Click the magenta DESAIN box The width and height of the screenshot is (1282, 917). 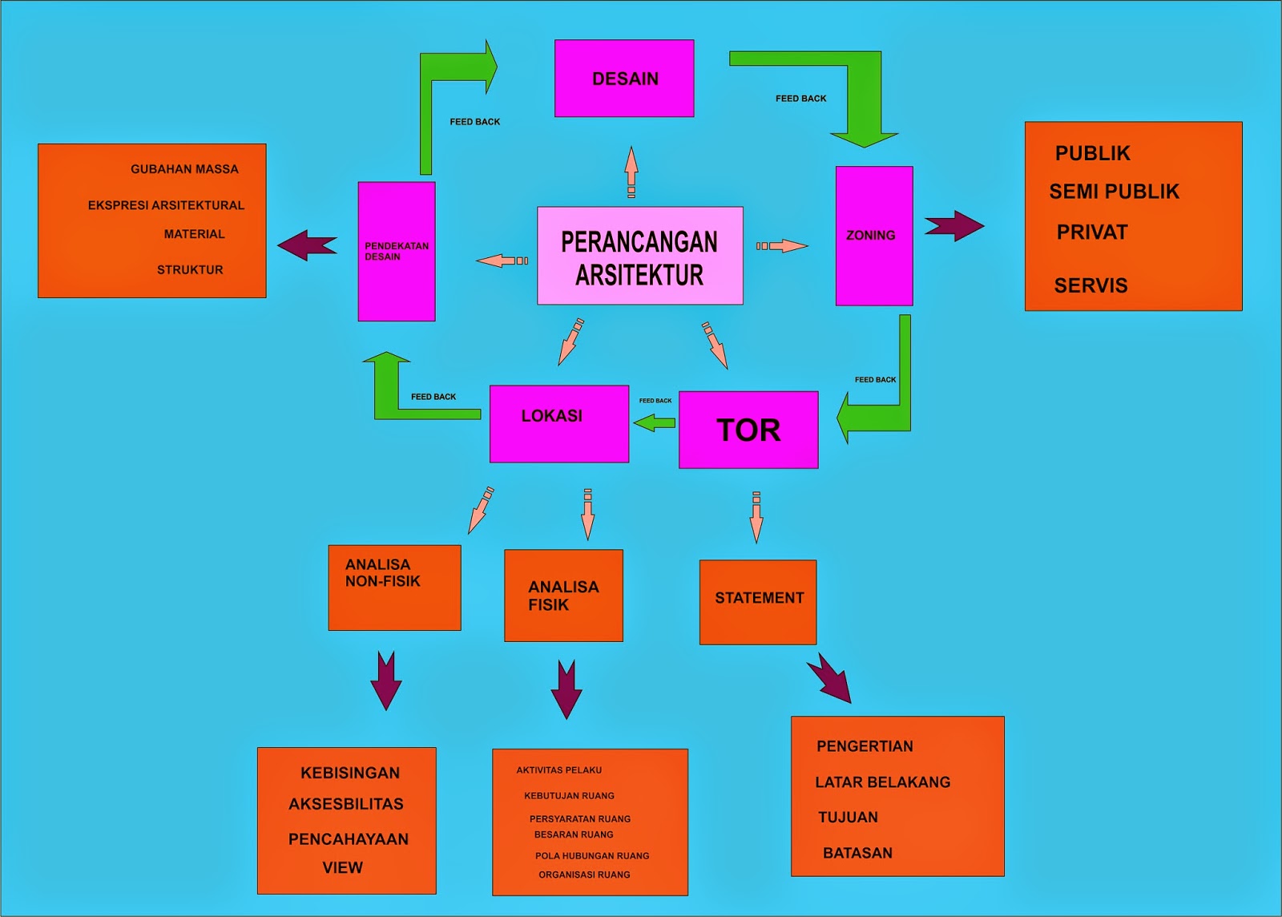point(624,79)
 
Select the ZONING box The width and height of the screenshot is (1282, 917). point(873,236)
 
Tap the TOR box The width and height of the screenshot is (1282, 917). point(748,430)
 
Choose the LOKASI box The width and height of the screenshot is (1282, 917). point(559,423)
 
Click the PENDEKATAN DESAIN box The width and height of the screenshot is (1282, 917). point(397,251)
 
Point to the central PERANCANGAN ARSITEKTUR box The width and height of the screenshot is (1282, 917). point(639,256)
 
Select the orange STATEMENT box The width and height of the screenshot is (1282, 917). point(758,601)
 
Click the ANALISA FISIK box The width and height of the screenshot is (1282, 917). point(563,596)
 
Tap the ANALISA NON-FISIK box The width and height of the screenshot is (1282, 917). point(394,587)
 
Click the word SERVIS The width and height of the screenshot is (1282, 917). point(1091,285)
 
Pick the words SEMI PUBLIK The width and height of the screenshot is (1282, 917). point(1114,192)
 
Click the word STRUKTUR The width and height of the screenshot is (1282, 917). point(190,270)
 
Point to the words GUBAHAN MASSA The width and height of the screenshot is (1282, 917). point(184,169)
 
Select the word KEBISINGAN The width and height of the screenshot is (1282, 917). point(349,773)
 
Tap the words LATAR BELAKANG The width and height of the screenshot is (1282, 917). point(882,782)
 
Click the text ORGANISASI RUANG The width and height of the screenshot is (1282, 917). point(584,875)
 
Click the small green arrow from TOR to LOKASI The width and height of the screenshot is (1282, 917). point(655,422)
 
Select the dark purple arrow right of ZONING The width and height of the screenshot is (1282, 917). point(953,226)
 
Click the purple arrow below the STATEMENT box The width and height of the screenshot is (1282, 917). point(830,678)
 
